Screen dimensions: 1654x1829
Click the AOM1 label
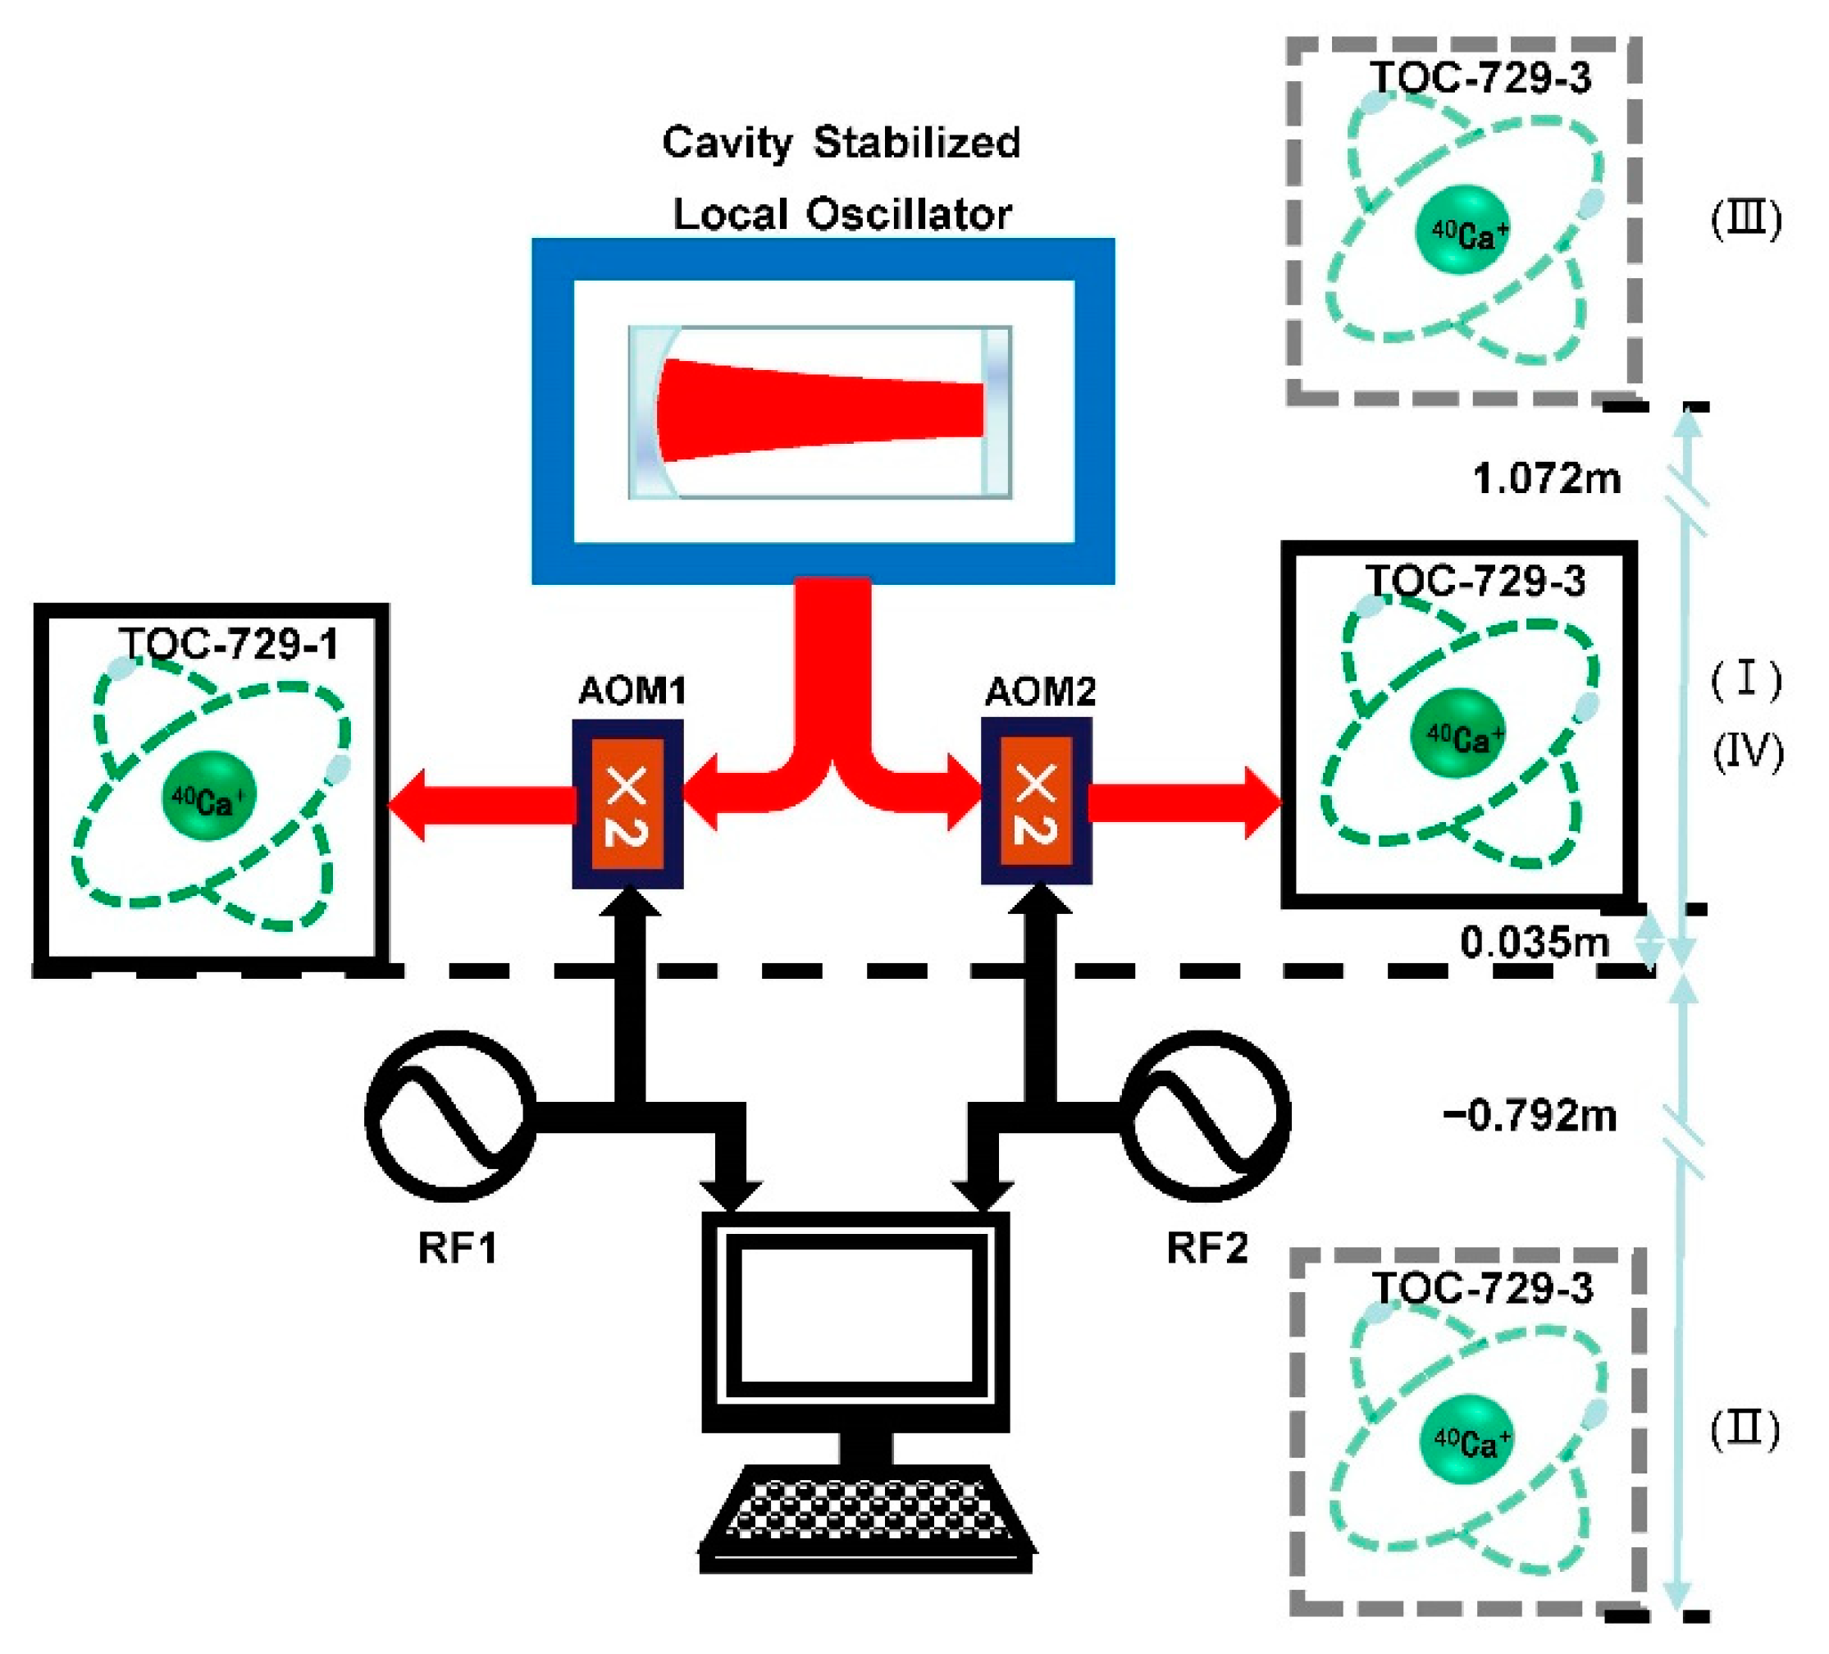632,692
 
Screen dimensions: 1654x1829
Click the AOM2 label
1040,692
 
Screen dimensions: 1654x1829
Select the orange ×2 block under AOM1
627,804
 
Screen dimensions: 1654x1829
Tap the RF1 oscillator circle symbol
451,1116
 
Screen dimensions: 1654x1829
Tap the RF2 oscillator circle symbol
1206,1116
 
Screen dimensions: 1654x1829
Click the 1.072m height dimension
1547,478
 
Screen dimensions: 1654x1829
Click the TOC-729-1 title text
229,644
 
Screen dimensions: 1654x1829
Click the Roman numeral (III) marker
1746,221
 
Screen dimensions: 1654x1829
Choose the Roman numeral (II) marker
1745,1432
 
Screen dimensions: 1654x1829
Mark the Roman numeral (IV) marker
1747,752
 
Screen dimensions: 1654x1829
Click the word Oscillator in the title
908,215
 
